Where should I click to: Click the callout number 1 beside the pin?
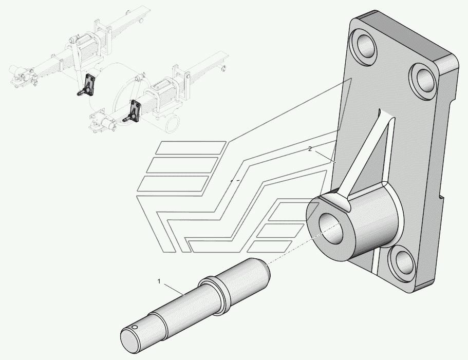(159, 281)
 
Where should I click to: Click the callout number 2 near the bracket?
(310, 149)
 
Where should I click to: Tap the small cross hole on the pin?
(135, 328)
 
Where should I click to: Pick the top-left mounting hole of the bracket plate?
(365, 46)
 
